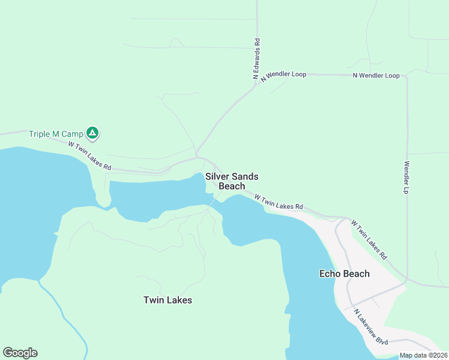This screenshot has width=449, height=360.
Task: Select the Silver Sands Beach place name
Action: pos(232,181)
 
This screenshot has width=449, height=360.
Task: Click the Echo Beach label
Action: pos(344,274)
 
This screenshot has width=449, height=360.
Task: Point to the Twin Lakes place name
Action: pos(167,299)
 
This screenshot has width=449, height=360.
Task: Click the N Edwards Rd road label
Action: pos(256,59)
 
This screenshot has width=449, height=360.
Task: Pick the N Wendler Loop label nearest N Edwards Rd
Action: pos(280,75)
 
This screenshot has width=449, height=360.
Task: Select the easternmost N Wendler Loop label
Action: pos(376,76)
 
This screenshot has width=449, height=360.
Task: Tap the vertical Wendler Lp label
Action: pos(406,177)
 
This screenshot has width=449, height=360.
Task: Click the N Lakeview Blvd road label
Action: pos(371,327)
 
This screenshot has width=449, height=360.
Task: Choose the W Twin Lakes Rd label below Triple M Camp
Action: pos(89,155)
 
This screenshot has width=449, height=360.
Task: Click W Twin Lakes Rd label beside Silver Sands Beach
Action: pos(279,202)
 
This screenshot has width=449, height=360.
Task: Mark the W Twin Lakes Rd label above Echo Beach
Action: pos(369,239)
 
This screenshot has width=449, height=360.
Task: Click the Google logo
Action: pos(20,353)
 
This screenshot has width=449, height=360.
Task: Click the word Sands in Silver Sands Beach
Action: pos(245,176)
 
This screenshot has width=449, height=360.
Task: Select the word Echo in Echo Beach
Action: pos(331,274)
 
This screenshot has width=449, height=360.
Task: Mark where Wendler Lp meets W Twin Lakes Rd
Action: pos(407,280)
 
